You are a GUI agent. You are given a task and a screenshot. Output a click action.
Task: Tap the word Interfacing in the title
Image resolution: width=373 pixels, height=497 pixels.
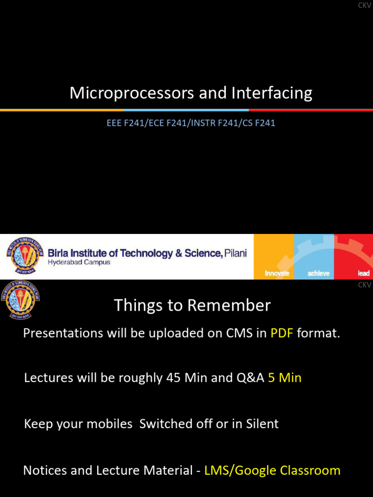click(x=272, y=93)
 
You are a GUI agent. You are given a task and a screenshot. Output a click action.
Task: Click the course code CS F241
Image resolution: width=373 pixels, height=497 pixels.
click(x=259, y=123)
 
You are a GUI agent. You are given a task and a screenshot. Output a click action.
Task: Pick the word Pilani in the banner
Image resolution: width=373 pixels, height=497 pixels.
click(x=236, y=253)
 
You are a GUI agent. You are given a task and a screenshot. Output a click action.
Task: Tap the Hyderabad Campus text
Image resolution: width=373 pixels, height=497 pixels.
click(x=79, y=263)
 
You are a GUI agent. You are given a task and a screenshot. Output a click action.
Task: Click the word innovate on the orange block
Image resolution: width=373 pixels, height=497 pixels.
click(x=277, y=273)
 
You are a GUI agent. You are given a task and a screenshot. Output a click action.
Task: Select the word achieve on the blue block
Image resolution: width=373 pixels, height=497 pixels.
click(x=319, y=273)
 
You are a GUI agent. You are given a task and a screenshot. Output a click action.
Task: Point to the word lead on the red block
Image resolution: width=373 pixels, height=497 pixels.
click(x=363, y=273)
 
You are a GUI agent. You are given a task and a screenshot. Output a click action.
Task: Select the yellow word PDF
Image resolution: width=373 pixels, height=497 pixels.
click(x=282, y=333)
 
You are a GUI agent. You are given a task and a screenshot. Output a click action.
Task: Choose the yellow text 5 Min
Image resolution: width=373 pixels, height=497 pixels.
click(x=285, y=378)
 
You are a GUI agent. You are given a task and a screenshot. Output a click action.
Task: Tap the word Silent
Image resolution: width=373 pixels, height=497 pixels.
click(x=262, y=424)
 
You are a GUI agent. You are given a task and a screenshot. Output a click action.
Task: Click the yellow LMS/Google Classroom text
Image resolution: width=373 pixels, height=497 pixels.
click(x=272, y=470)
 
